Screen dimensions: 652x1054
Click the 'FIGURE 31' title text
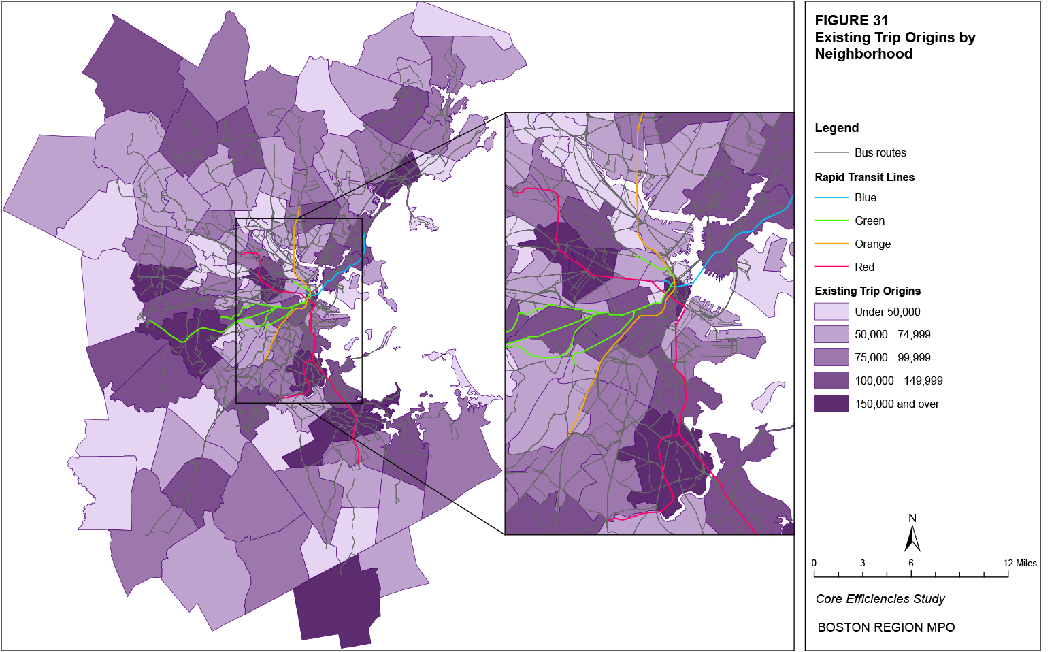point(851,20)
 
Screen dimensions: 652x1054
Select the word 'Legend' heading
point(836,128)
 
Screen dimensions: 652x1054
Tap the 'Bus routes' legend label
point(880,152)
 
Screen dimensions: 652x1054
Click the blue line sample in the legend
point(831,197)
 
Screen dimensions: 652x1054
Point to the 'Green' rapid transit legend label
point(869,221)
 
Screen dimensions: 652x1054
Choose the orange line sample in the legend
point(831,244)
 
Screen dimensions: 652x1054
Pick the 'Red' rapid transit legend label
point(864,267)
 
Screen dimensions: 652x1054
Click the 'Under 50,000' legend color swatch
point(831,312)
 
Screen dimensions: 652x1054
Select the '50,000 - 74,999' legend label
point(892,334)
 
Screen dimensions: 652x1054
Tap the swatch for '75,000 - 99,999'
point(831,357)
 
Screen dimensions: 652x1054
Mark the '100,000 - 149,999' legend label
point(898,380)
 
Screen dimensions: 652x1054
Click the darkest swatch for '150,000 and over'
point(831,404)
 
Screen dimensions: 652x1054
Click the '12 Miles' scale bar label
point(1019,563)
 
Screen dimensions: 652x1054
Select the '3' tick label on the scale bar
point(862,563)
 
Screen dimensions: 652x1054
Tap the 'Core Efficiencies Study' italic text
point(880,599)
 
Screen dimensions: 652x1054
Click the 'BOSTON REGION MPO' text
point(886,627)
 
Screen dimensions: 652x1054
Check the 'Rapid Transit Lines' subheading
point(864,177)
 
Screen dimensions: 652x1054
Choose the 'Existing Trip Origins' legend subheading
point(868,291)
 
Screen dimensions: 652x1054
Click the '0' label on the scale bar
point(814,563)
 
